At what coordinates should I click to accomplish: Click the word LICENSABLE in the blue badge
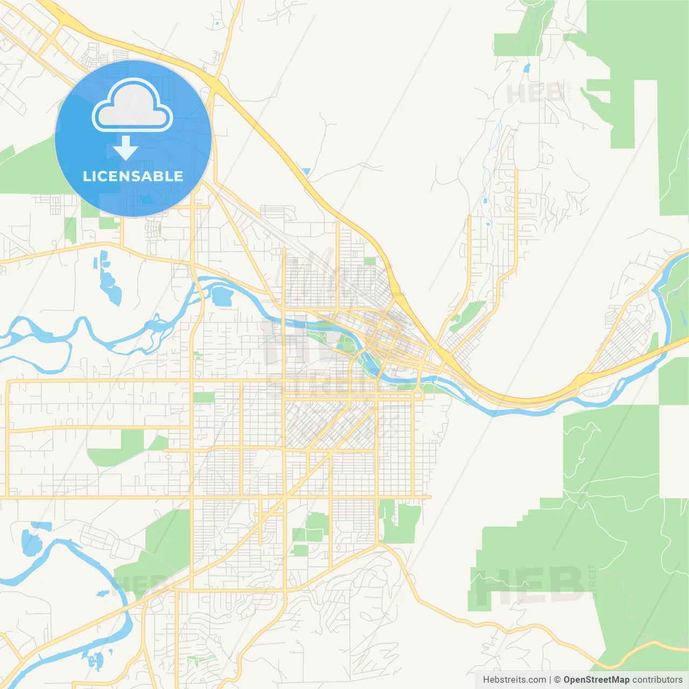click(x=133, y=176)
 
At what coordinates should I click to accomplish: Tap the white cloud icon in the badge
click(x=132, y=106)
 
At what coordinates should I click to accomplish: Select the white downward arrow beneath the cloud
click(x=125, y=148)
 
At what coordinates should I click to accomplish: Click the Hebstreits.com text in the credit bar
click(x=514, y=680)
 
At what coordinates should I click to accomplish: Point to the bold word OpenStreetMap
click(x=596, y=680)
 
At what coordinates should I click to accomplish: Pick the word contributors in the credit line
click(x=657, y=680)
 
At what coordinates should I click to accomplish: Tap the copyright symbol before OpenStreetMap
click(x=557, y=680)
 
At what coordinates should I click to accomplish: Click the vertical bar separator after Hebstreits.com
click(x=550, y=680)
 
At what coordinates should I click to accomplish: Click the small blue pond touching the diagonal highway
click(x=306, y=172)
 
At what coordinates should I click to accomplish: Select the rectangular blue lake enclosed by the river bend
click(x=221, y=296)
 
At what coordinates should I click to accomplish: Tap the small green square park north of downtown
click(x=370, y=262)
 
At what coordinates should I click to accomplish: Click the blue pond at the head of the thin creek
click(x=526, y=68)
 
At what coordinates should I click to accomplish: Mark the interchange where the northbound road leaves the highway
click(x=215, y=85)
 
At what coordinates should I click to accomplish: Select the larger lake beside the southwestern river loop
click(x=31, y=544)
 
